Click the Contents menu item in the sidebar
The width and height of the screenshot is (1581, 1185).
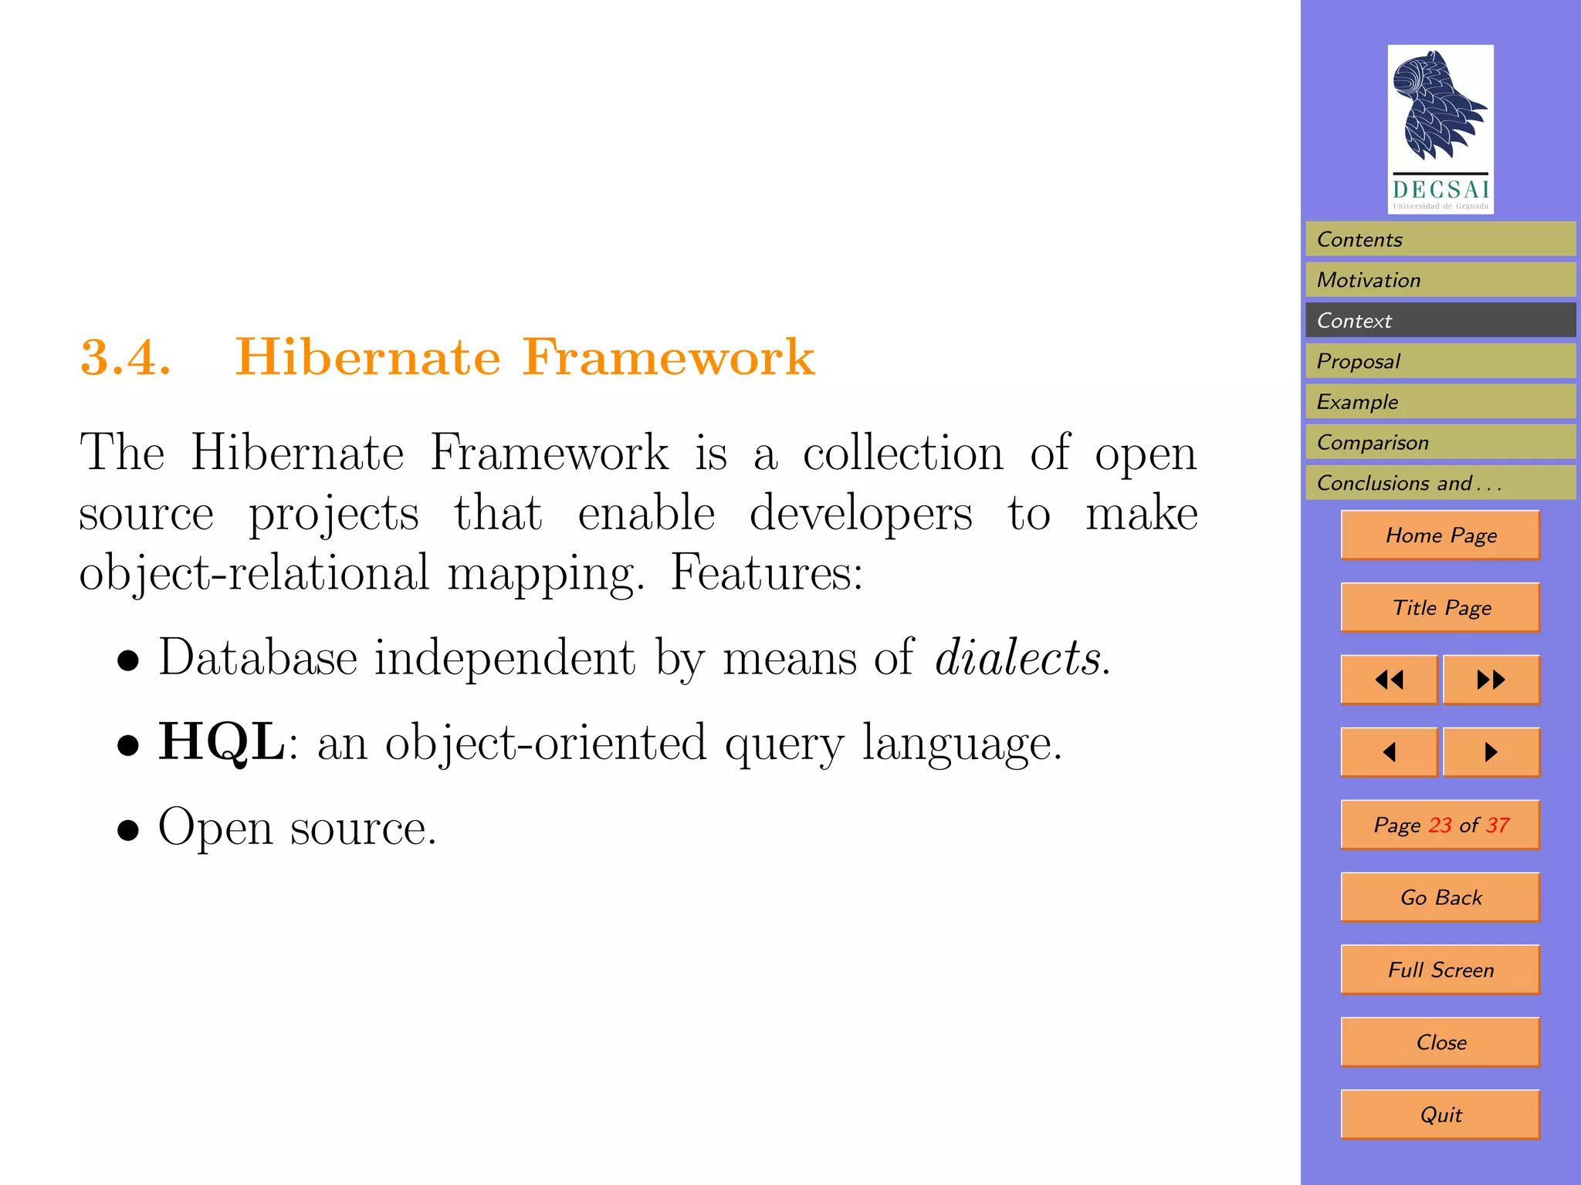[1440, 239]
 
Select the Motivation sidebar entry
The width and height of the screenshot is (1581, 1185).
[1440, 280]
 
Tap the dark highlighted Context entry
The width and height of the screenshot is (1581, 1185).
[1440, 320]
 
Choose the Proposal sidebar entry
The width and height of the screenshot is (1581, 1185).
[1440, 361]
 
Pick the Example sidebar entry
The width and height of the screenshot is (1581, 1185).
[1440, 402]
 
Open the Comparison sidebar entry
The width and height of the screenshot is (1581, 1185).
[1440, 442]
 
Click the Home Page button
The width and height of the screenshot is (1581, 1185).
[1441, 535]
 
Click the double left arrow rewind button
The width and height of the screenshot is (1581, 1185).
[1390, 680]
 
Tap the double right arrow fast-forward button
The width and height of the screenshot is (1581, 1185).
[1491, 680]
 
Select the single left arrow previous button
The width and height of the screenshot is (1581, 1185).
[1390, 752]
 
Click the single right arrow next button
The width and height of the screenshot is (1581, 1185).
[1491, 752]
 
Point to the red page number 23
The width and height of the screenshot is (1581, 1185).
[1440, 825]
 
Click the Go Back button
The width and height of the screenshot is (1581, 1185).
[1441, 897]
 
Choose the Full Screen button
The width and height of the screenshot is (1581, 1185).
[1441, 970]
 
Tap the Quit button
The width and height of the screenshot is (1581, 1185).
[1441, 1115]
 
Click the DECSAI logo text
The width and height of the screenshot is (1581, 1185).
[1441, 189]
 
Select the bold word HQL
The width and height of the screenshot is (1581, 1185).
[222, 742]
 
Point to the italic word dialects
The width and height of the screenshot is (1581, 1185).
[1018, 658]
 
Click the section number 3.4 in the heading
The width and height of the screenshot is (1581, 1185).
[125, 358]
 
